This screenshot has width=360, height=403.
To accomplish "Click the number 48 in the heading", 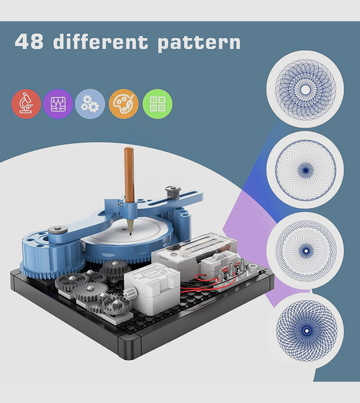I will (x=30, y=42).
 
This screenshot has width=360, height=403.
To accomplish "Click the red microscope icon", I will (x=26, y=104).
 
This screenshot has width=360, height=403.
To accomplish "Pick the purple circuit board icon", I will (x=58, y=104).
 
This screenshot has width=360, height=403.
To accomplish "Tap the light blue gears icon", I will (x=90, y=104).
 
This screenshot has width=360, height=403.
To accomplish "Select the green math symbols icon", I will (x=157, y=104).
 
